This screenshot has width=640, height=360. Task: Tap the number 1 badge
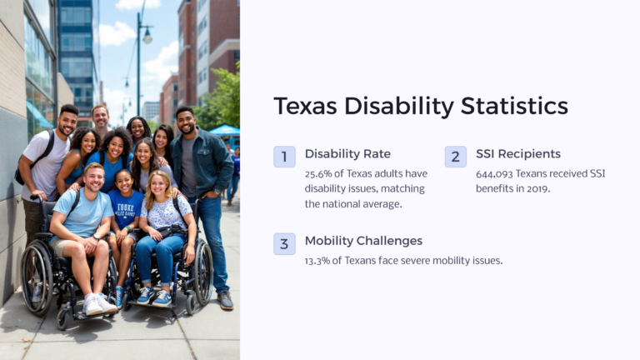pos(284,157)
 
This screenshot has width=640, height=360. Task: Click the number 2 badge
pos(455,157)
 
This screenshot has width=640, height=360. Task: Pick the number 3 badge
pos(284,243)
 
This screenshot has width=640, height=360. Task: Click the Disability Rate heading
pos(347,153)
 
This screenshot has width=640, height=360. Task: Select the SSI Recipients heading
pos(517,153)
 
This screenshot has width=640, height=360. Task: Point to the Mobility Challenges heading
pos(363,241)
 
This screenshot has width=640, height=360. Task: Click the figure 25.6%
pos(320,173)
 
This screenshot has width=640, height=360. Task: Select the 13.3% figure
pos(320,261)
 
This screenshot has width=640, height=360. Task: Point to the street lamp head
pos(147,36)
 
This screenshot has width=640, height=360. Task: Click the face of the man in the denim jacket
pos(185,122)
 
